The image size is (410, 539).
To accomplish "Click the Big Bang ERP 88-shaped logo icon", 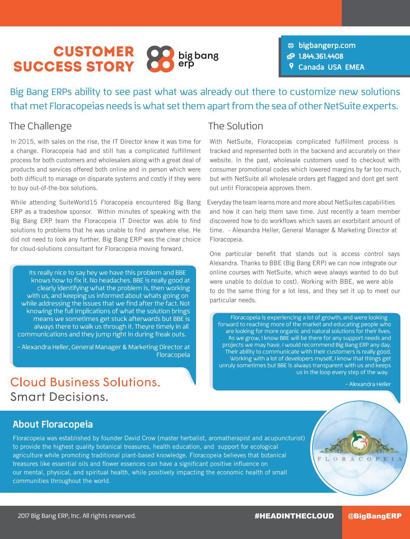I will point(158,59).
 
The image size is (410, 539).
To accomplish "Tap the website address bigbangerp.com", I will point(327,45).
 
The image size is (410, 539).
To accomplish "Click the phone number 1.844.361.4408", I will point(321,56).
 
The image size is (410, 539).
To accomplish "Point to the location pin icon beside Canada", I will point(291,67).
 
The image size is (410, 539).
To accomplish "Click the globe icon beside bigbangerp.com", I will point(291,46).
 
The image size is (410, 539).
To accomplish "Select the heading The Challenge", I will point(40,126).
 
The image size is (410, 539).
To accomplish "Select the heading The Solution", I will point(236,126).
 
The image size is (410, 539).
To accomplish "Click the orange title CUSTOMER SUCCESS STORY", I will point(74,59).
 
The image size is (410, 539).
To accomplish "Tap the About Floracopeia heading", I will point(53,424).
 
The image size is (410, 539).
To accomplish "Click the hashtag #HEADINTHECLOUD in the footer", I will point(294,516).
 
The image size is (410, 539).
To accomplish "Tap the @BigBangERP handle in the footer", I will point(375,516).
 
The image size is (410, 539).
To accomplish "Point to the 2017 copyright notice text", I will point(77,516).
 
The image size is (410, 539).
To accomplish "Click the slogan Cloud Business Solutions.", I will point(85,382).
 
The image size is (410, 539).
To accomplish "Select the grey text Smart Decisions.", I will point(59,397).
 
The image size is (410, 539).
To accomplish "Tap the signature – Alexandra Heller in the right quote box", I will point(368,384).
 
